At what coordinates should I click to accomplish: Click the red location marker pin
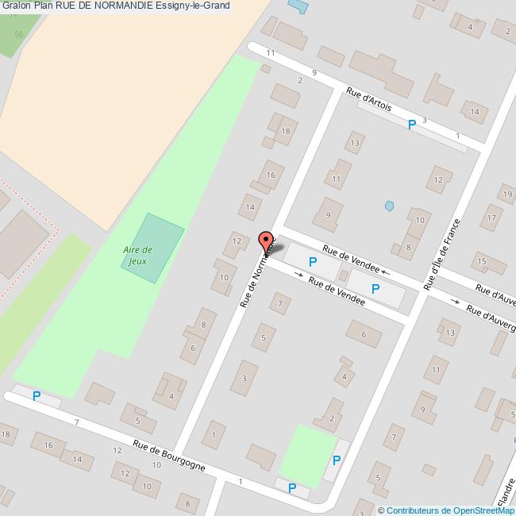tap(266, 241)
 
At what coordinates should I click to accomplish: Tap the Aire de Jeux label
tap(138, 254)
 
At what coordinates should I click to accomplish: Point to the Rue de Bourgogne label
tap(169, 456)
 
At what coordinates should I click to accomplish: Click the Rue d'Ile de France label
tap(442, 254)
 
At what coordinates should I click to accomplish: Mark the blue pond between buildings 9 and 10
tap(389, 206)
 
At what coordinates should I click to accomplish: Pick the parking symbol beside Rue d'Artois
tap(411, 125)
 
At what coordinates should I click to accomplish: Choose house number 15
tap(480, 260)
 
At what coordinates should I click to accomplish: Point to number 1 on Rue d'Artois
tap(458, 136)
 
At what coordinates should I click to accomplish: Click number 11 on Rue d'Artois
tap(271, 53)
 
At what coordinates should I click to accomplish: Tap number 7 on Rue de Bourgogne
tap(76, 422)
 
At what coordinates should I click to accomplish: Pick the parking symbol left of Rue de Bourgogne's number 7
tap(37, 395)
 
